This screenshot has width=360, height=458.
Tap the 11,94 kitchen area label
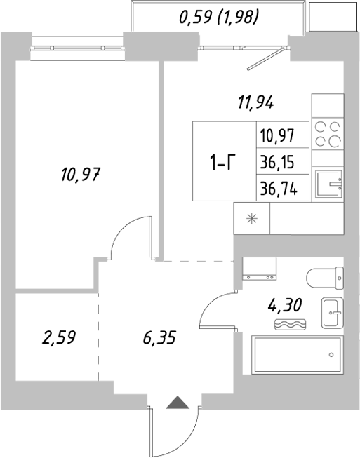tap(255, 102)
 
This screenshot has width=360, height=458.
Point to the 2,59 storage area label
tap(58, 338)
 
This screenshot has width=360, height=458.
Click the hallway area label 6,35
tap(158, 338)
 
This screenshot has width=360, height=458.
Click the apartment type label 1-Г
tap(222, 163)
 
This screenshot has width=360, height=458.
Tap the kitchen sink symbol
tap(327, 183)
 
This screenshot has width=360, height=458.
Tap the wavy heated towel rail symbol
tap(288, 324)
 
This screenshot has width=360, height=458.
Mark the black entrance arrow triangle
tap(178, 403)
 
